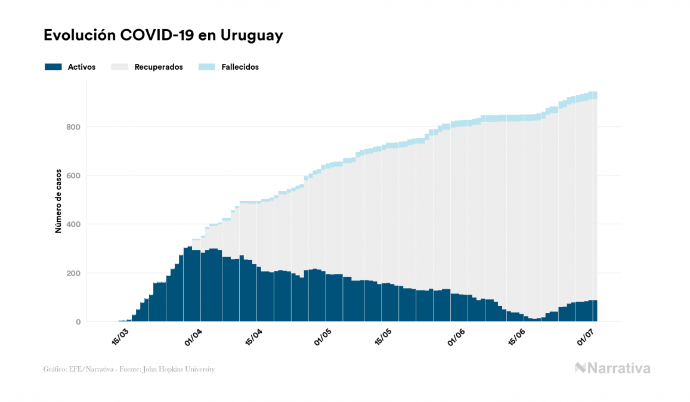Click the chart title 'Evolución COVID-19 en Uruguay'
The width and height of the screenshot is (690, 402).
[x=163, y=36]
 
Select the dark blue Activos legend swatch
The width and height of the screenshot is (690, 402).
[x=53, y=67]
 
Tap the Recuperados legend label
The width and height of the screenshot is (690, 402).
[x=159, y=67]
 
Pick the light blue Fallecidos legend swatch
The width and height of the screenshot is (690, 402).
[x=206, y=67]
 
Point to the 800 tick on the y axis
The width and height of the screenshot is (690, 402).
[x=73, y=127]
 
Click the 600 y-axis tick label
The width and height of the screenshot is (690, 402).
[x=73, y=175]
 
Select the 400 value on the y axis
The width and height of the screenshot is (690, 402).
[x=73, y=224]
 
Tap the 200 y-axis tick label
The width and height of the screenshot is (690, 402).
[x=73, y=273]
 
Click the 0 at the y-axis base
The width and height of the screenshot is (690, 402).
[x=78, y=322]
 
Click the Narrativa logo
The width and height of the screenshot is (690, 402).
[x=612, y=368]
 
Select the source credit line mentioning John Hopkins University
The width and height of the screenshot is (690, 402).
[x=129, y=369]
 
